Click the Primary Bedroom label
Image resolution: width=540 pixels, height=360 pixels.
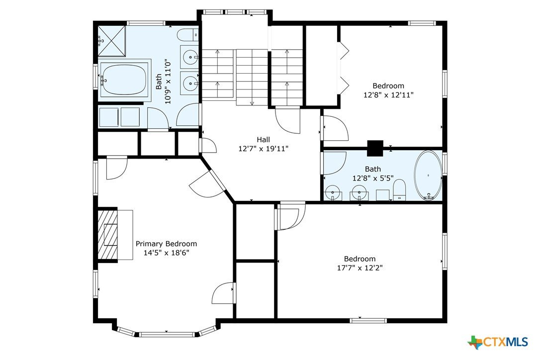(167, 244)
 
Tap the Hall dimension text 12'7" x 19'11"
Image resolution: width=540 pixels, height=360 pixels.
(264, 149)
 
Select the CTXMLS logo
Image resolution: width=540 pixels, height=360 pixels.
(498, 342)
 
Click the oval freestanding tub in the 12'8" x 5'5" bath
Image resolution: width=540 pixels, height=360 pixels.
(428, 175)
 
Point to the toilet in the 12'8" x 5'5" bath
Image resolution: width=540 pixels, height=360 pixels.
(400, 190)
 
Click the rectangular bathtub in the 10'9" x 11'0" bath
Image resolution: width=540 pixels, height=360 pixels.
(124, 80)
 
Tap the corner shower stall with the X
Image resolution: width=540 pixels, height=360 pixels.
(112, 41)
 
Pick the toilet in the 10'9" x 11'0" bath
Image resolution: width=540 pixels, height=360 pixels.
(188, 35)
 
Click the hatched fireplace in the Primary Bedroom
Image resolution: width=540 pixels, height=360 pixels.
(107, 234)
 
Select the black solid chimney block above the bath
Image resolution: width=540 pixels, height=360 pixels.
(375, 148)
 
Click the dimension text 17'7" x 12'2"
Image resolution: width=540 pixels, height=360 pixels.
(360, 268)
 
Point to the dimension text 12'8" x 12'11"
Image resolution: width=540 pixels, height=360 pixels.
(388, 95)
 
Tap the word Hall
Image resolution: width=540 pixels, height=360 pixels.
(264, 140)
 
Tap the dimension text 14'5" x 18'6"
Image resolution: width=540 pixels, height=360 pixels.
(167, 253)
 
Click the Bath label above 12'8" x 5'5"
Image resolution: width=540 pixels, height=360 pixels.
(373, 169)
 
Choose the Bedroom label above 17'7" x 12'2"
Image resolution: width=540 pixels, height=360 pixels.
(360, 259)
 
